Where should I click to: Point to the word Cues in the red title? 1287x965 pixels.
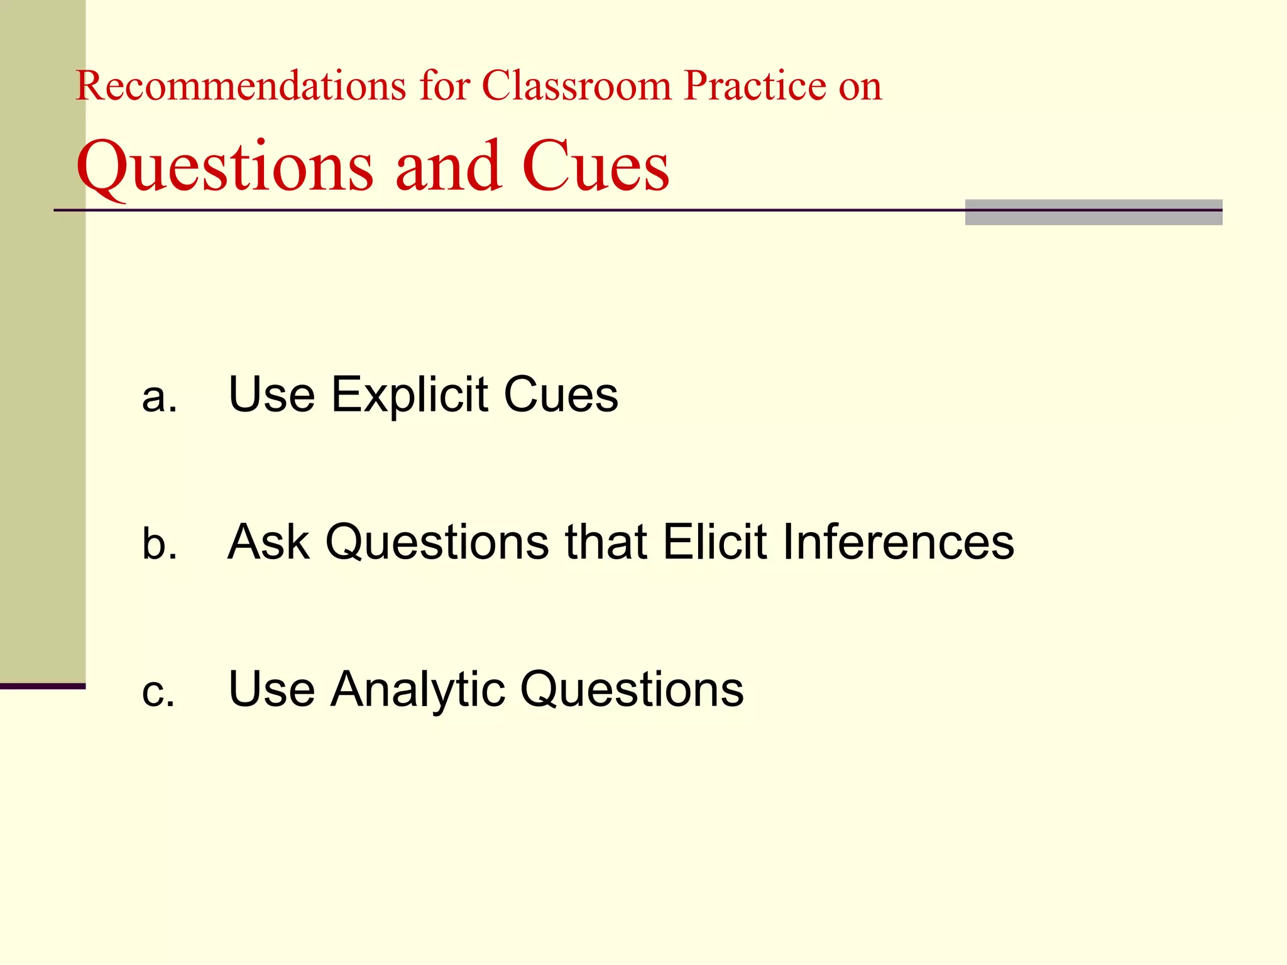point(595,166)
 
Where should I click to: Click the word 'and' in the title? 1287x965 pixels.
point(448,166)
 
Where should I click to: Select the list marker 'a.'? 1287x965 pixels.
point(159,397)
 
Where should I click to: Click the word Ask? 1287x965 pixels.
point(268,542)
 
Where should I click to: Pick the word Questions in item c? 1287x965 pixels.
point(632,690)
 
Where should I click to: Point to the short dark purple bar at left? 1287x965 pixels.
point(42,686)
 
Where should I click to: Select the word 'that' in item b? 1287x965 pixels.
point(606,542)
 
